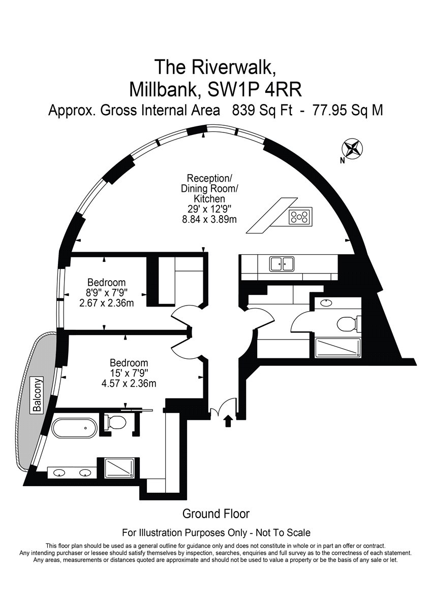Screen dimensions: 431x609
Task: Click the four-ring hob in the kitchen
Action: coord(300,217)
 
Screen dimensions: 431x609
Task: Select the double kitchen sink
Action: coord(282,263)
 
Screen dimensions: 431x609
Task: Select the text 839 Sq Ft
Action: coord(262,111)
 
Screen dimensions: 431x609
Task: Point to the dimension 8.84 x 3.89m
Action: coord(209,219)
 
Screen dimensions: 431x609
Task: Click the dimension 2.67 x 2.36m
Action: coord(106,302)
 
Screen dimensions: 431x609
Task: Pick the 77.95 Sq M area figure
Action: coord(348,111)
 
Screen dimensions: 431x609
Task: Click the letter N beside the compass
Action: coord(343,161)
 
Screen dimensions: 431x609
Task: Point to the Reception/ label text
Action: coord(209,179)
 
